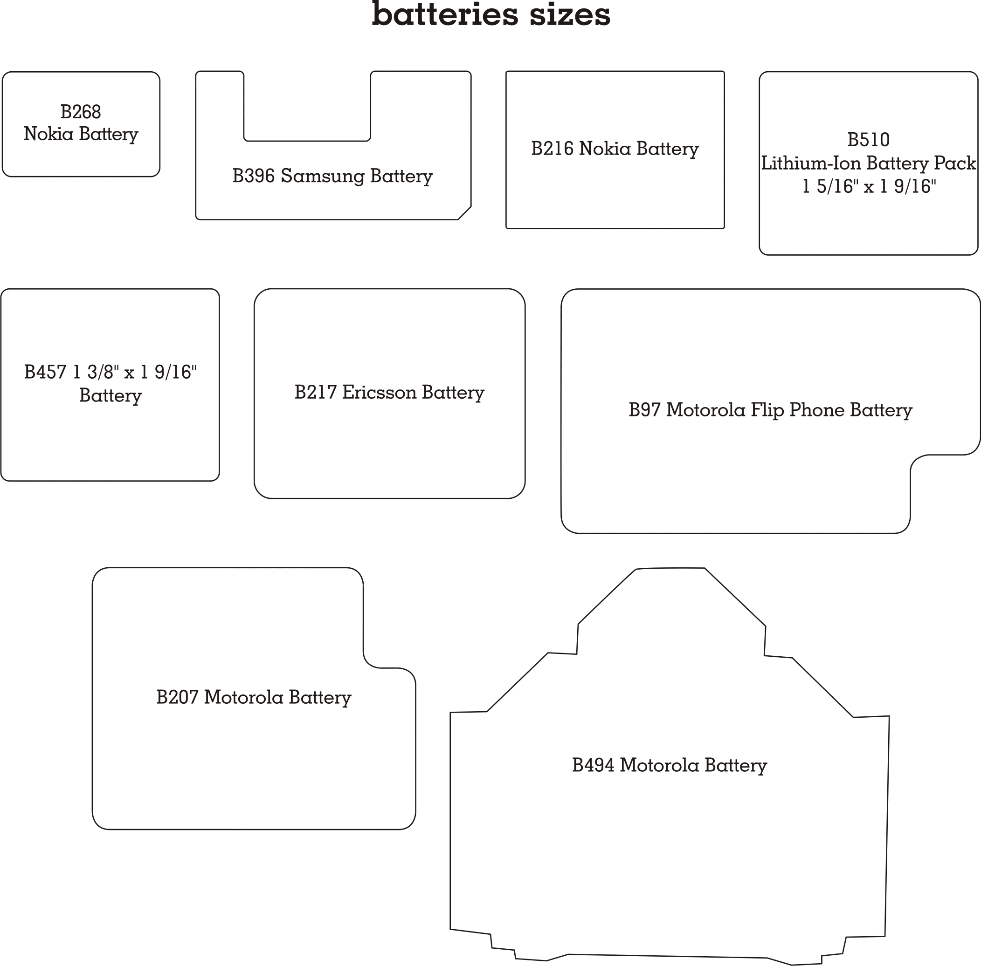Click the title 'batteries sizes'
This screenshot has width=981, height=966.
(491, 14)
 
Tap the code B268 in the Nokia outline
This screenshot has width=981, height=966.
(81, 112)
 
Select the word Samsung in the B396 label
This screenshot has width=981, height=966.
(323, 176)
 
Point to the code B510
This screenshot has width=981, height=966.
(868, 140)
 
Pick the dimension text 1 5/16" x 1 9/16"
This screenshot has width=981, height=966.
(869, 186)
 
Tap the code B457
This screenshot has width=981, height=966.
(45, 372)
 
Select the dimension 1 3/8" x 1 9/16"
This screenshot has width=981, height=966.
(135, 372)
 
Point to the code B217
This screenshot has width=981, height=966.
(315, 392)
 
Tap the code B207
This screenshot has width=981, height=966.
(177, 697)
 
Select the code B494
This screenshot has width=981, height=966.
(593, 765)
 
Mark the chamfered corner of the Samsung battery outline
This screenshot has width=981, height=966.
(464, 213)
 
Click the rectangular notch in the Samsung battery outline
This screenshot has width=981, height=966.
(307, 141)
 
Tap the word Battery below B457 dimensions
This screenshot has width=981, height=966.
(110, 396)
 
